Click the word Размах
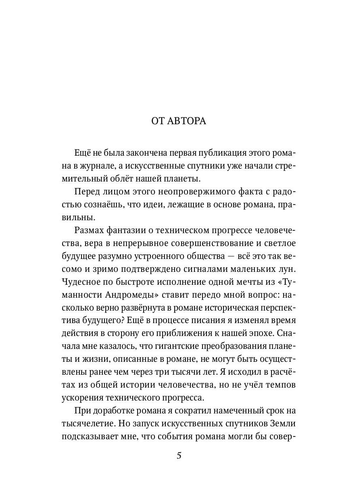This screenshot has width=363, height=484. (x=91, y=230)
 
